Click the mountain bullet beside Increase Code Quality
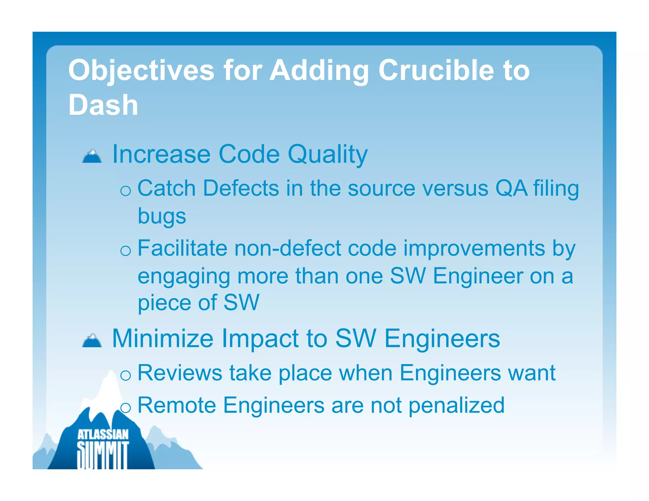coord(92,156)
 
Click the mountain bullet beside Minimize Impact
coord(92,340)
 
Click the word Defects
coord(241,188)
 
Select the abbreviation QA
coord(511,188)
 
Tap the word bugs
coord(162,217)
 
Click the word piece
coord(164,303)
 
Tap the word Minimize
coord(163,339)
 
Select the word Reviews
coord(180,373)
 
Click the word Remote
coord(177,405)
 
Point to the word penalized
coord(456,406)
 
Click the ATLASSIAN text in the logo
coord(103,434)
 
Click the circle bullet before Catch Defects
coord(126,191)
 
